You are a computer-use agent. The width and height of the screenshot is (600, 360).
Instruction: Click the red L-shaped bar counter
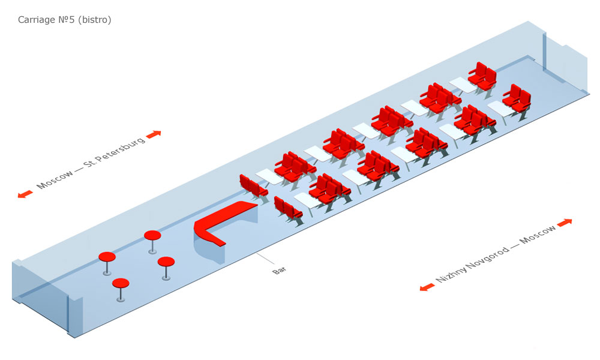(222, 222)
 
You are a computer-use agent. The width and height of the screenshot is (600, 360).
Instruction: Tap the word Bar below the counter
(280, 271)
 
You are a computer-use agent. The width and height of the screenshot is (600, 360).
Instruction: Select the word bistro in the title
(95, 20)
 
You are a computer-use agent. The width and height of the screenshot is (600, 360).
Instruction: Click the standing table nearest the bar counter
(166, 262)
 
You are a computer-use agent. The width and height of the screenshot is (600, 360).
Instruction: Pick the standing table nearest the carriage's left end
(107, 257)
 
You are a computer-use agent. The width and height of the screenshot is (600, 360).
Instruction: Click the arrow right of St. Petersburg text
(154, 134)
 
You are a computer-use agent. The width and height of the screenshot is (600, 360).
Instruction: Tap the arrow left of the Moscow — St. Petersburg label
(25, 194)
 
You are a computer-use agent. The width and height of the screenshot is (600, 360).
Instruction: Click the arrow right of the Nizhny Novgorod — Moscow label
(565, 223)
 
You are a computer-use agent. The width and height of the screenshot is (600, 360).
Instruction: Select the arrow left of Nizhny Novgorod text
(427, 287)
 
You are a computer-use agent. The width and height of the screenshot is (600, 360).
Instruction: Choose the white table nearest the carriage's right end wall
(463, 85)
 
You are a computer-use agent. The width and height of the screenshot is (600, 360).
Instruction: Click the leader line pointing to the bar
(264, 259)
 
